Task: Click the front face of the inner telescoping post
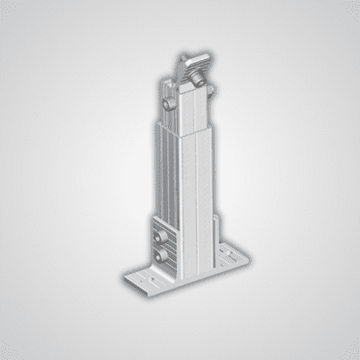click(194, 109)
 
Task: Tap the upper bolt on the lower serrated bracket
click(158, 236)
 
